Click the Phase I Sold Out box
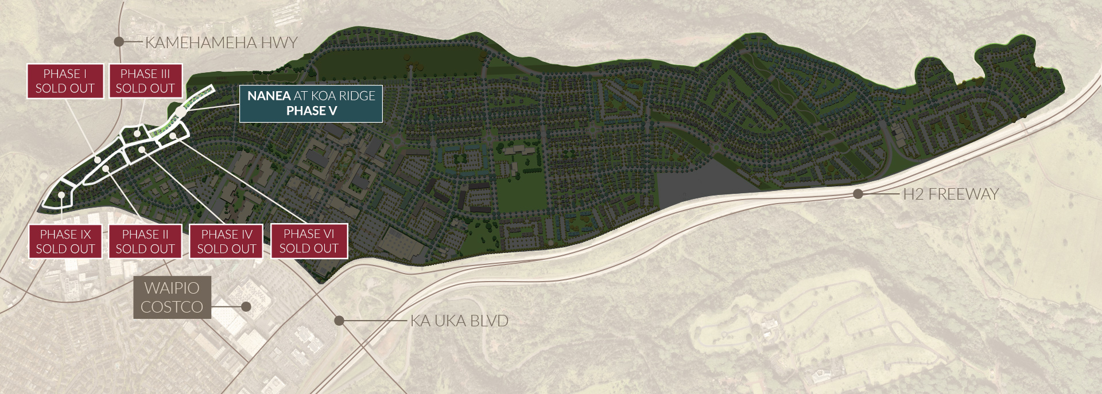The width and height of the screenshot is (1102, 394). (65, 81)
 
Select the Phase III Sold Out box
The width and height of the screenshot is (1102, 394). (145, 81)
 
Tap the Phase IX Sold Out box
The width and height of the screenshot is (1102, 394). (65, 241)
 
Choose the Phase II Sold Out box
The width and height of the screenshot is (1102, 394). (145, 241)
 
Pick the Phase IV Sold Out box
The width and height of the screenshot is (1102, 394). (227, 241)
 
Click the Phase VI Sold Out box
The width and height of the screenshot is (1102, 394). (309, 241)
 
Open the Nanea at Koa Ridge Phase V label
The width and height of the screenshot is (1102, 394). (311, 103)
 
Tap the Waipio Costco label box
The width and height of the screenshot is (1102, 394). (172, 297)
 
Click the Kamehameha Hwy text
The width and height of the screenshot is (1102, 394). (221, 42)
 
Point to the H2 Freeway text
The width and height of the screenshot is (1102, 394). (950, 194)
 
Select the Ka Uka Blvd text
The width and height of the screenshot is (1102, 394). (459, 321)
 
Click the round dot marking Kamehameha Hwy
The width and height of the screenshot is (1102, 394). (119, 41)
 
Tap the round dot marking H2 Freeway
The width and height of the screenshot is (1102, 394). (858, 194)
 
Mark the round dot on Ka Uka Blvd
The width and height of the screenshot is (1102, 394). (339, 321)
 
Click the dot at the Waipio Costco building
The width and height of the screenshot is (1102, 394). (246, 307)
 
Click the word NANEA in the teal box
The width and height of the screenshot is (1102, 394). (269, 96)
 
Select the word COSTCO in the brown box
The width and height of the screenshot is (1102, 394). (172, 307)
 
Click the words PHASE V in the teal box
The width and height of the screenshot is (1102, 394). (311, 111)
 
